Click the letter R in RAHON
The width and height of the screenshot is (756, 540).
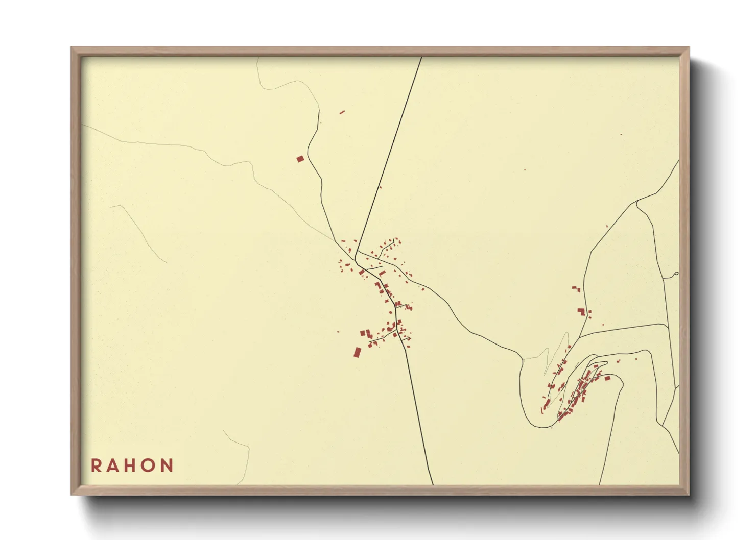pyautogui.click(x=96, y=465)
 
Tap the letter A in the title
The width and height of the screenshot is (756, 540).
pyautogui.click(x=113, y=465)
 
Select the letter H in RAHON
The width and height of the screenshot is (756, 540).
pyautogui.click(x=131, y=465)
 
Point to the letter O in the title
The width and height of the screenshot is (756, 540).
pyautogui.click(x=149, y=465)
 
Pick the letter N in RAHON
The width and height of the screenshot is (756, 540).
pyautogui.click(x=168, y=465)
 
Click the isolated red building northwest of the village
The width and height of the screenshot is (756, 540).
pyautogui.click(x=300, y=159)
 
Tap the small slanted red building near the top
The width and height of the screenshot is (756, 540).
pyautogui.click(x=342, y=112)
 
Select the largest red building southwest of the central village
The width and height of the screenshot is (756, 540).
pyautogui.click(x=358, y=352)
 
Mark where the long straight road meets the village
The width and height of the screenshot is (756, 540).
pyautogui.click(x=356, y=251)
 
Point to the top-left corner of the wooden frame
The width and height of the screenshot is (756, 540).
pyautogui.click(x=72, y=48)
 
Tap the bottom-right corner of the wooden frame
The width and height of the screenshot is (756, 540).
pyautogui.click(x=689, y=494)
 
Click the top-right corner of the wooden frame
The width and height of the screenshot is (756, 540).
pyautogui.click(x=689, y=48)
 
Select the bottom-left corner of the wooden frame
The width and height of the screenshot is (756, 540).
pyautogui.click(x=72, y=494)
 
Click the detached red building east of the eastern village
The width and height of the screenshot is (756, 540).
pyautogui.click(x=607, y=378)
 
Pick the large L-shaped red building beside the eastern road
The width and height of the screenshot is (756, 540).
pyautogui.click(x=581, y=311)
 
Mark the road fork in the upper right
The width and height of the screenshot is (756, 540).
pyautogui.click(x=636, y=202)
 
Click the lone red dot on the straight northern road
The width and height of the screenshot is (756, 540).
pyautogui.click(x=380, y=187)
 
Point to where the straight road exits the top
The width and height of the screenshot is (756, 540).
pyautogui.click(x=421, y=57)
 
